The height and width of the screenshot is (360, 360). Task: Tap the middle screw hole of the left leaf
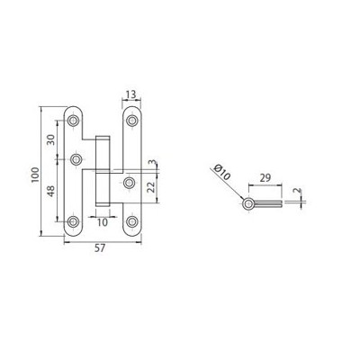tap(76, 158)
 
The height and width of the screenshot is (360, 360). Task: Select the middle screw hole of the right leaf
tap(130, 184)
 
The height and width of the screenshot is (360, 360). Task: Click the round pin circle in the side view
tap(247, 205)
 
